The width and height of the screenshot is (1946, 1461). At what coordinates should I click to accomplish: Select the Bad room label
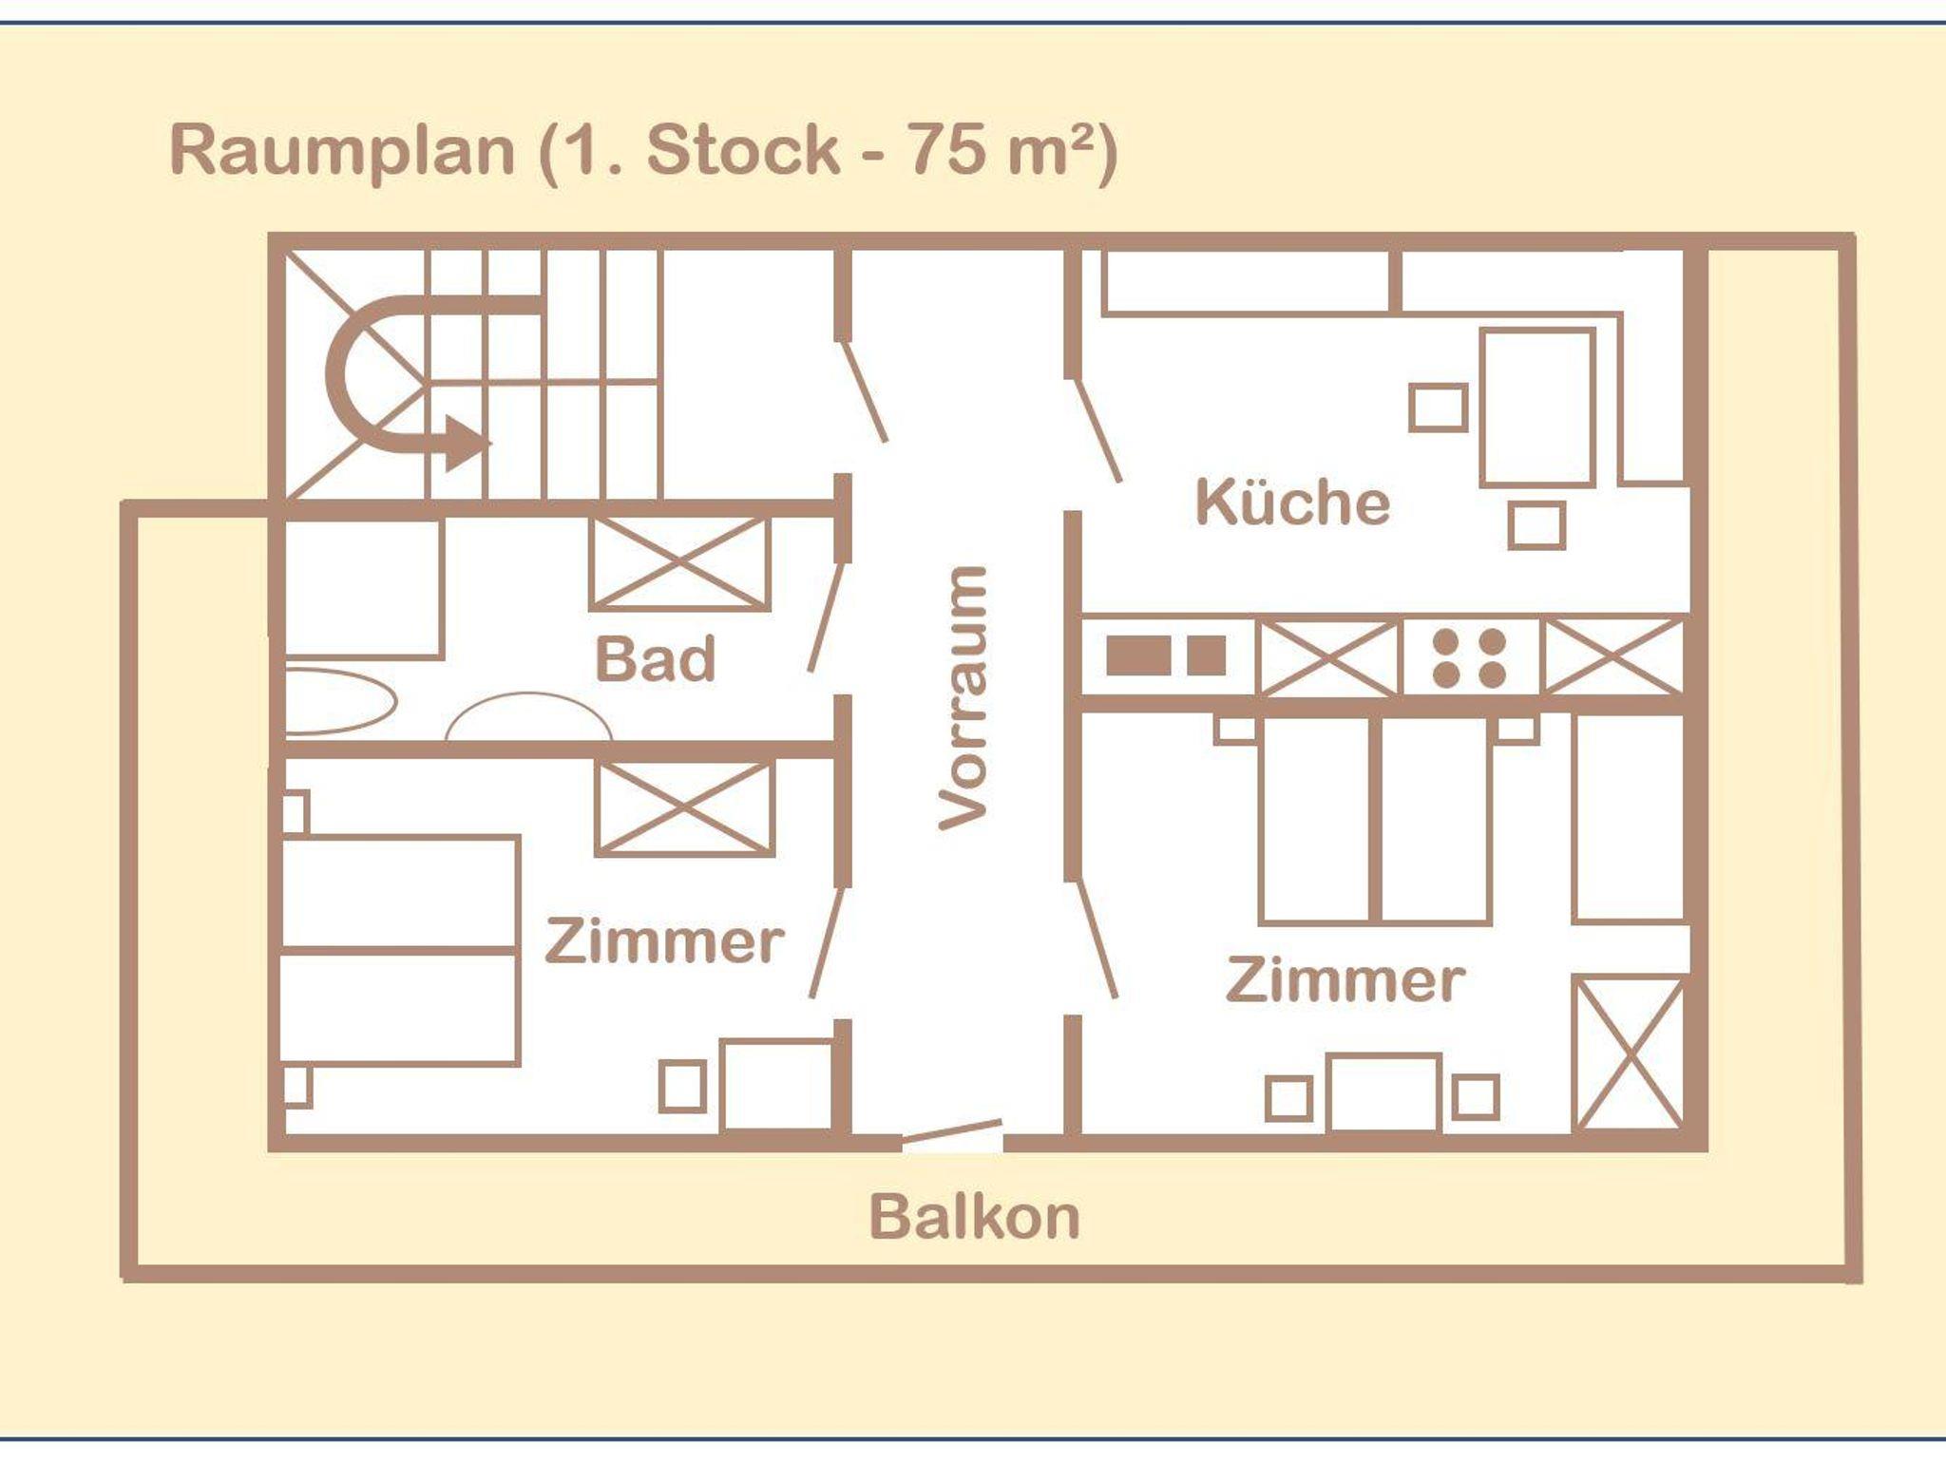(x=655, y=658)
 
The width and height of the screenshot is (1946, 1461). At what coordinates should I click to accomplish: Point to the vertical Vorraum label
(x=963, y=698)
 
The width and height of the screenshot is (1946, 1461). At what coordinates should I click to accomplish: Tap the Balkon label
(x=975, y=1217)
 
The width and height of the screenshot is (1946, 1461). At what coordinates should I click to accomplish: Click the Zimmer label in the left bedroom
(x=664, y=940)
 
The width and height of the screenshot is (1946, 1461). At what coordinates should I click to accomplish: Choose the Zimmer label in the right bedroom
(x=1345, y=979)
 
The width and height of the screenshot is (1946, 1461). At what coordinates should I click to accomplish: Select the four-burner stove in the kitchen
(x=1470, y=657)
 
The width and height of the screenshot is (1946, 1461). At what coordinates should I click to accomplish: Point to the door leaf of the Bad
(x=826, y=617)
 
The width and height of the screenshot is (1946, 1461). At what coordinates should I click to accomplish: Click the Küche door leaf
(x=1097, y=430)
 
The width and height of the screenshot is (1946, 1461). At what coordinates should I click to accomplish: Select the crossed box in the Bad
(x=678, y=562)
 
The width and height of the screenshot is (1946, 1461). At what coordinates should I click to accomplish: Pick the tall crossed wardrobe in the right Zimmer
(x=1629, y=1053)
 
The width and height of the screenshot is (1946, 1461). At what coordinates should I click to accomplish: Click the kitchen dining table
(x=1536, y=408)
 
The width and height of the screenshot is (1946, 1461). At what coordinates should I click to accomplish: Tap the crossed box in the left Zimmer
(x=684, y=807)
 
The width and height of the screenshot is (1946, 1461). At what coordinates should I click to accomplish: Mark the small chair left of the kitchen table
(x=1438, y=408)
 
